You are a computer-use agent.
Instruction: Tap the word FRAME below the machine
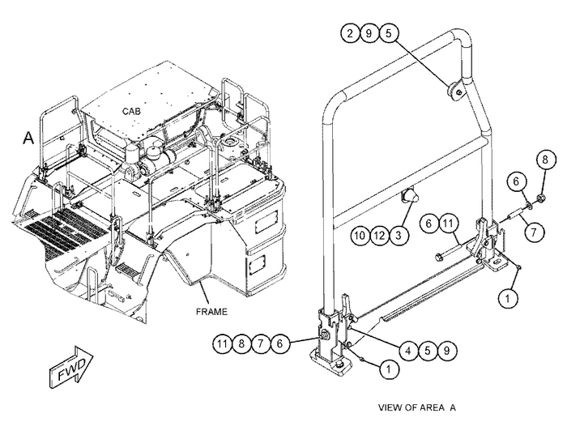pyautogui.click(x=211, y=311)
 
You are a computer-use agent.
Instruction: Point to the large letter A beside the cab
pyautogui.click(x=28, y=139)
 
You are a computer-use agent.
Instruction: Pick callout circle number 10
pyautogui.click(x=360, y=236)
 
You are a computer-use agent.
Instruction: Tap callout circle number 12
pyautogui.click(x=379, y=236)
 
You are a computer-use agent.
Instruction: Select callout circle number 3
pyautogui.click(x=398, y=236)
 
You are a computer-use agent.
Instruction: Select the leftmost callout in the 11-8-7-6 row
pyautogui.click(x=224, y=343)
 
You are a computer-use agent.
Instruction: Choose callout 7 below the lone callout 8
pyautogui.click(x=532, y=231)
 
